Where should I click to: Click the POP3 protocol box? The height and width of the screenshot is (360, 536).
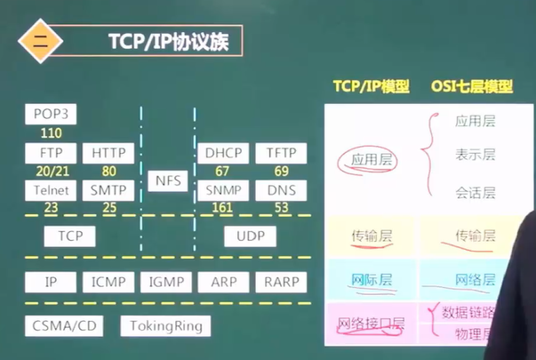(x=51, y=114)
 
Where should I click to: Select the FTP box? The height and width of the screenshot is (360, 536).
(x=51, y=154)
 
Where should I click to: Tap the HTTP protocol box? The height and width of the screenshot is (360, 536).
(x=109, y=154)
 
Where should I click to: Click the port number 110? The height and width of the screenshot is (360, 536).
(x=51, y=133)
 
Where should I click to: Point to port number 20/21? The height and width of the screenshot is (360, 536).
(x=51, y=172)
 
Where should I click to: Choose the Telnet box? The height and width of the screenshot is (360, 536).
(x=51, y=190)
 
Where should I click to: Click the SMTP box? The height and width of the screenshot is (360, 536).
(x=109, y=190)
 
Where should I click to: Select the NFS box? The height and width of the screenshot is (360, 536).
(x=167, y=180)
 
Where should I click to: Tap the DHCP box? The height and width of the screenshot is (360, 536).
(x=222, y=154)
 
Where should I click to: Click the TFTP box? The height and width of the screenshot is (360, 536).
(x=281, y=154)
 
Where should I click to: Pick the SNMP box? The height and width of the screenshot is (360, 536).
(x=222, y=190)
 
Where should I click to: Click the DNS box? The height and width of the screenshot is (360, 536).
(x=281, y=190)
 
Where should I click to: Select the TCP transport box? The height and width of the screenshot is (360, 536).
(x=70, y=236)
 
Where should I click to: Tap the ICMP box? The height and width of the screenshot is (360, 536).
(x=108, y=283)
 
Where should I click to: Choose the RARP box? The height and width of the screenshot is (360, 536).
(x=281, y=283)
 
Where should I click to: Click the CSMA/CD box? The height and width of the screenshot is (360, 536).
(x=64, y=326)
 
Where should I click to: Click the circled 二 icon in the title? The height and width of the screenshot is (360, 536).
(x=39, y=41)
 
